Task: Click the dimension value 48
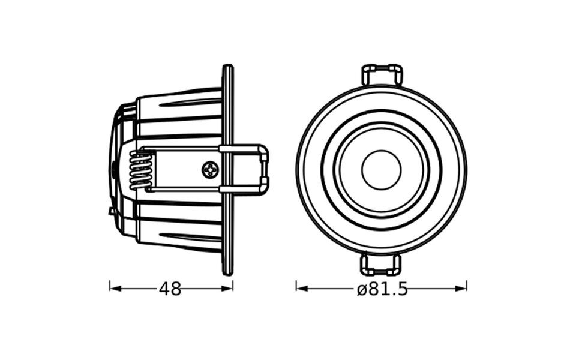click(x=170, y=289)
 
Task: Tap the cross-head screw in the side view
click(x=210, y=170)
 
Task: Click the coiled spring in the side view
click(x=140, y=170)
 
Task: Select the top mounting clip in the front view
click(x=382, y=74)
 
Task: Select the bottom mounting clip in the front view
click(x=380, y=265)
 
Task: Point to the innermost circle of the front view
click(x=381, y=170)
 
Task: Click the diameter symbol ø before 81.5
click(x=361, y=290)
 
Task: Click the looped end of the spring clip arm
click(x=264, y=170)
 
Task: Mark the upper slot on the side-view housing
click(x=190, y=103)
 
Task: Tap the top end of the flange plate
click(x=228, y=67)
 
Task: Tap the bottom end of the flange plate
click(x=228, y=272)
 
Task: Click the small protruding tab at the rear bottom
click(x=112, y=211)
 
